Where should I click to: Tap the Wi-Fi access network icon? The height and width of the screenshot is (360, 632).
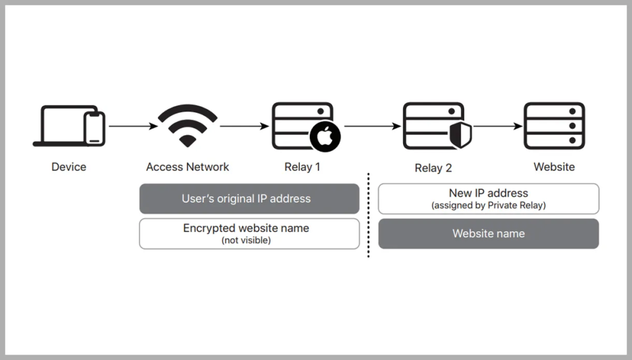click(187, 125)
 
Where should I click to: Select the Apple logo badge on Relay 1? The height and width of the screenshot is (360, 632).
click(325, 137)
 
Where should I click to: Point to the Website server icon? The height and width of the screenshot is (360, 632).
click(554, 126)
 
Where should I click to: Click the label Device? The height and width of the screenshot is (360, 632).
click(69, 167)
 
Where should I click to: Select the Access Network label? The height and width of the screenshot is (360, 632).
click(188, 167)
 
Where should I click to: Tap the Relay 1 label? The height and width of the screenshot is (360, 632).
click(302, 167)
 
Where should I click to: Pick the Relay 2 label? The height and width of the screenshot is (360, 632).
click(433, 168)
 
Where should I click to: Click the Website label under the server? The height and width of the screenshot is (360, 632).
click(554, 167)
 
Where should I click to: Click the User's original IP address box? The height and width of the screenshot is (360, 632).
click(249, 199)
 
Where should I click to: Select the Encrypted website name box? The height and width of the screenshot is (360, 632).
click(249, 233)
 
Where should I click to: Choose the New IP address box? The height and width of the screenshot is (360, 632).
click(488, 199)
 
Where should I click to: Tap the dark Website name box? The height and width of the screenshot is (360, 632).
click(488, 233)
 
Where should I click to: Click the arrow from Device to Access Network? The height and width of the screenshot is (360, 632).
click(132, 127)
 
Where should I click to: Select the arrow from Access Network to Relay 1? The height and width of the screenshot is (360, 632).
click(244, 127)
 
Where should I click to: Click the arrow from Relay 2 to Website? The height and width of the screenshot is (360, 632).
click(497, 127)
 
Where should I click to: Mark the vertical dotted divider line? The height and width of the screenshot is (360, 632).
click(368, 216)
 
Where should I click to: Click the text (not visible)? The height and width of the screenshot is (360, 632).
click(246, 240)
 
